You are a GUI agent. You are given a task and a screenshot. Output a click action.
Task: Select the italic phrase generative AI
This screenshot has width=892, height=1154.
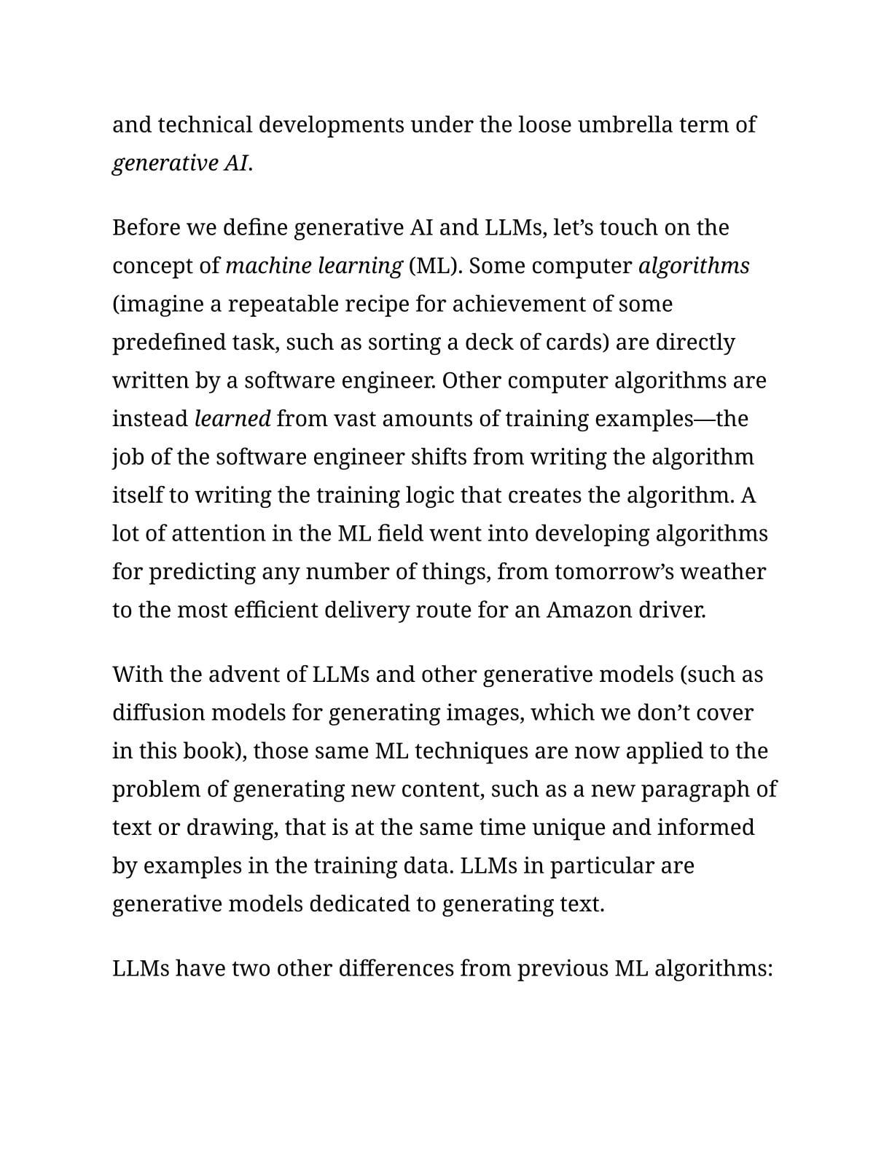[181, 162]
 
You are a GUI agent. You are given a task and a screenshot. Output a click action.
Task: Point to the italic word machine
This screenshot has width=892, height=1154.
[268, 266]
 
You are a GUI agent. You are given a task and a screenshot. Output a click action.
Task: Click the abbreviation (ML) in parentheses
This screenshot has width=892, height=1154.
[435, 266]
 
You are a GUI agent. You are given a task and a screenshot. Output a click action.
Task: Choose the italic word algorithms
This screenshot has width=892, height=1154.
[693, 266]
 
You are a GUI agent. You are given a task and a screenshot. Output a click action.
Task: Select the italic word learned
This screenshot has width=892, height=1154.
[232, 419]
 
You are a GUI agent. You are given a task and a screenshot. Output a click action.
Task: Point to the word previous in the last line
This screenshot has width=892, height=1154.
[562, 969]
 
